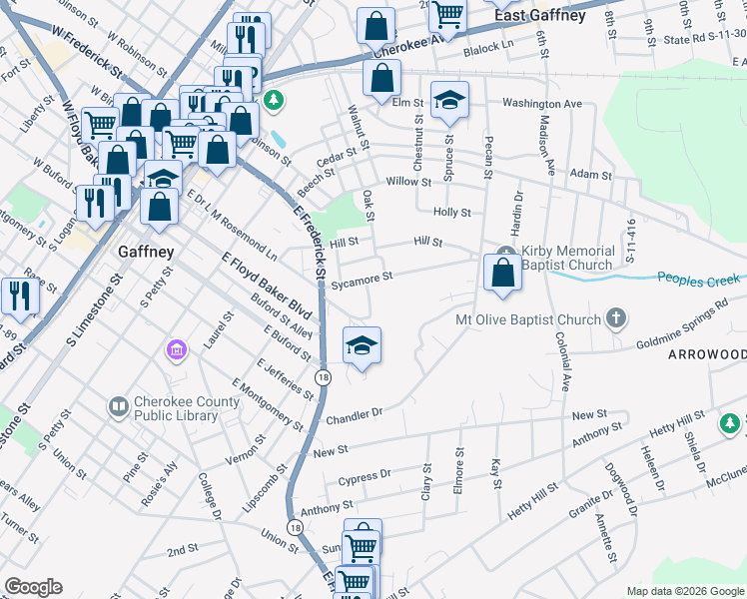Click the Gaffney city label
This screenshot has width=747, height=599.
146,252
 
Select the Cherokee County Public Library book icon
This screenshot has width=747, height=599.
118,406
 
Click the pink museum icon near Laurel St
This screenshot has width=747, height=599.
176,350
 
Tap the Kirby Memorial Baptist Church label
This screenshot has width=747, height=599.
567,258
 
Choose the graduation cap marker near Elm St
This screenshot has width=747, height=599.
449,100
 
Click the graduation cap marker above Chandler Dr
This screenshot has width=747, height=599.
362,345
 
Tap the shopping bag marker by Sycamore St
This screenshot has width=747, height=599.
502,272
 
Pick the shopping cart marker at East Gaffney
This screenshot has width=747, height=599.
448,14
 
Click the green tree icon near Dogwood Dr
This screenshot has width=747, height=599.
731,424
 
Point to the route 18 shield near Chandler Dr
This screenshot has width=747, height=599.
323,376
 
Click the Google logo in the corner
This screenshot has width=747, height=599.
33,587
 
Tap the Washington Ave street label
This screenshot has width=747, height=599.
541,103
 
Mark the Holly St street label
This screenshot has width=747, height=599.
451,213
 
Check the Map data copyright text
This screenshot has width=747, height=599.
684,591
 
